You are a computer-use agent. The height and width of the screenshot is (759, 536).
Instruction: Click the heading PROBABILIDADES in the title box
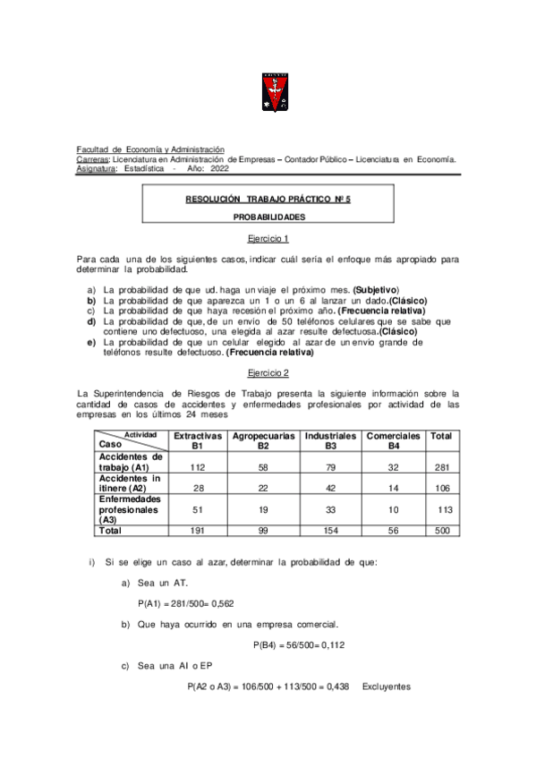[268, 217]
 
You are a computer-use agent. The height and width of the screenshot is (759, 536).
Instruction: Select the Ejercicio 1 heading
[268, 240]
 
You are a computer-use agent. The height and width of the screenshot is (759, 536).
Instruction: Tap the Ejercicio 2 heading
[268, 371]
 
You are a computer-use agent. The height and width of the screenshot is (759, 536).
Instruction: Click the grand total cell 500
[440, 531]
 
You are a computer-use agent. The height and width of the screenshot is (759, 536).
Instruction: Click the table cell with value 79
[330, 466]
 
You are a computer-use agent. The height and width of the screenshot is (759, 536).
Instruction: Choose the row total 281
[440, 466]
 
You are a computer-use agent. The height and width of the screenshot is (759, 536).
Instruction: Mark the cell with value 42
[330, 487]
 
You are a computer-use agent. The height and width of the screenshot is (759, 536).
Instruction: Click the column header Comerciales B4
[393, 439]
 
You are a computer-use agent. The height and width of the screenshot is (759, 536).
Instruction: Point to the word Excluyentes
[387, 687]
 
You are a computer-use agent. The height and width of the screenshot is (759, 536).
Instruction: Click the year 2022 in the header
[219, 168]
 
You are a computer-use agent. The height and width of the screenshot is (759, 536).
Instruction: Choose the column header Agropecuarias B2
[263, 439]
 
